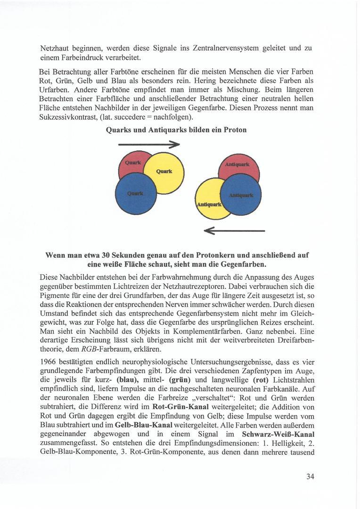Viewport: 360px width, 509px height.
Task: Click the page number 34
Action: (x=310, y=476)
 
